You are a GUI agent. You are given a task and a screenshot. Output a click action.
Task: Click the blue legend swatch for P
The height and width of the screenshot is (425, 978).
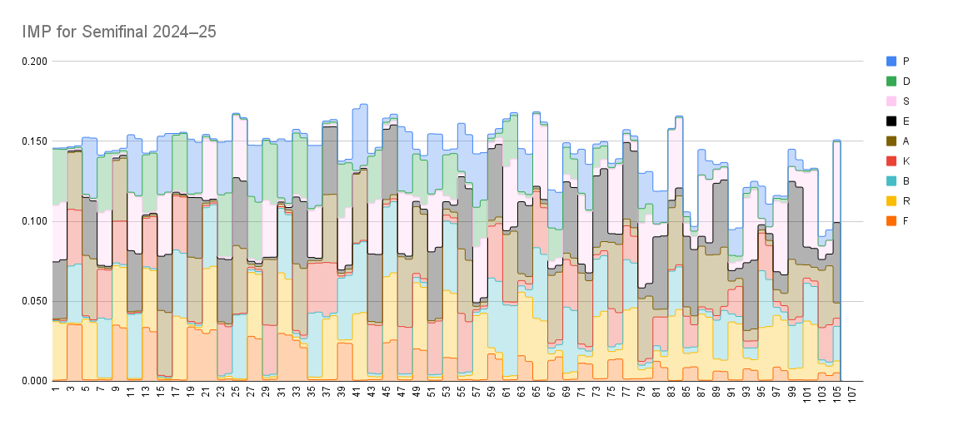891,61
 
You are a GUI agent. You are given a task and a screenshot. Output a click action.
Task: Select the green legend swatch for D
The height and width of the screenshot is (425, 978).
891,81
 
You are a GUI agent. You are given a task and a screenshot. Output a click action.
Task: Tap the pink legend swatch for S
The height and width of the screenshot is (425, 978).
891,101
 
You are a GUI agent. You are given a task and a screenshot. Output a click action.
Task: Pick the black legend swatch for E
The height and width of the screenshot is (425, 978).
891,121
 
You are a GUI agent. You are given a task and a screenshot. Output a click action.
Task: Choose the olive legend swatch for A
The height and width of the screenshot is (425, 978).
891,141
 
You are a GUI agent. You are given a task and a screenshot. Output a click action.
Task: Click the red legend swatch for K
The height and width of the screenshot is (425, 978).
891,161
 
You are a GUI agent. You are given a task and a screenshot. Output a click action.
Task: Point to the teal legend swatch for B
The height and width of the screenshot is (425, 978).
891,180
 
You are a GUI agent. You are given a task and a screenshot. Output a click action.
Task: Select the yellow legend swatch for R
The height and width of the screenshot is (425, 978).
891,200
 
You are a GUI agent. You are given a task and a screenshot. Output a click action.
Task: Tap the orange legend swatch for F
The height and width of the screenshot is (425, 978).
891,220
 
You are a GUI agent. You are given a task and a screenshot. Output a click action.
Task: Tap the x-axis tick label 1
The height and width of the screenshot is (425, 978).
55,389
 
